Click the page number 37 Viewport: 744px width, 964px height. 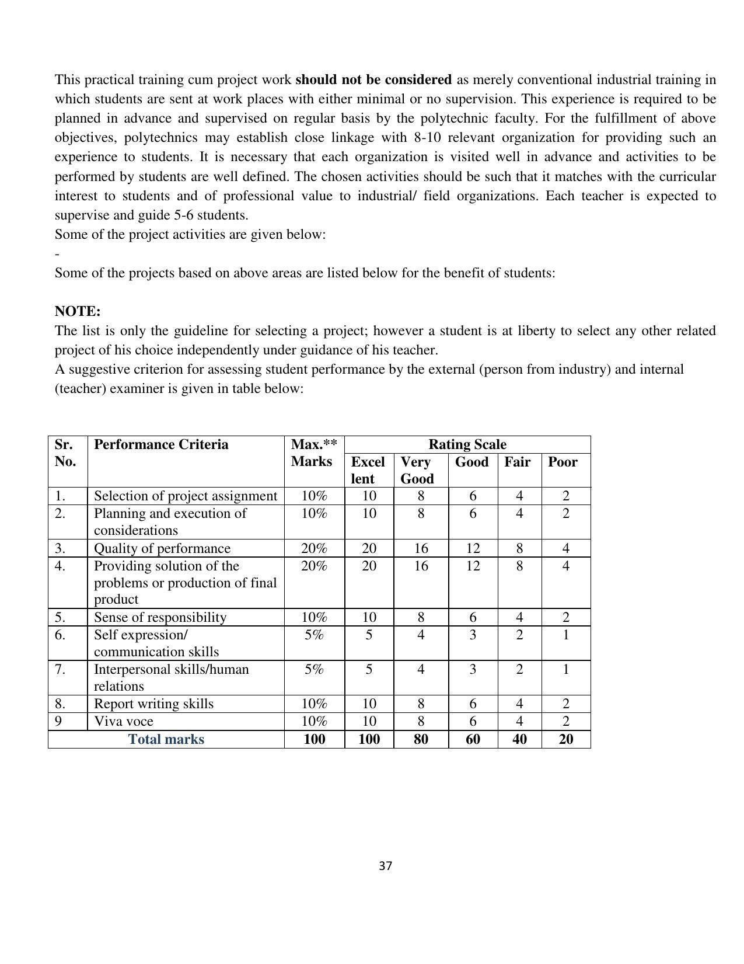(x=385, y=866)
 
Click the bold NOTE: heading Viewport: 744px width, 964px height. (x=78, y=311)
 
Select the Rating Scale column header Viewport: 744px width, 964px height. (x=467, y=444)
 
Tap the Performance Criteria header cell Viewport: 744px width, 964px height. (x=161, y=444)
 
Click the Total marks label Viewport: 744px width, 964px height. (x=166, y=739)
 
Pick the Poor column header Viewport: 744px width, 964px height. (x=563, y=462)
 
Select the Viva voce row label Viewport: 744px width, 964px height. (x=123, y=721)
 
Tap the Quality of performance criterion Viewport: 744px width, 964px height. (x=162, y=548)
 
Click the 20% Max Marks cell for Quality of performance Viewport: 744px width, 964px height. (x=314, y=548)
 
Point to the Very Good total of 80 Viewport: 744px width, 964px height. (x=420, y=739)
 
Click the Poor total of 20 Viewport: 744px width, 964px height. (x=565, y=739)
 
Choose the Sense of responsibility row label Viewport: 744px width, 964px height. (x=160, y=617)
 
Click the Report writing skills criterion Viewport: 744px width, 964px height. (x=153, y=704)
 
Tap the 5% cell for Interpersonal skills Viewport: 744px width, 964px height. (x=314, y=669)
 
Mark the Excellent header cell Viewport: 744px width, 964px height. (x=368, y=470)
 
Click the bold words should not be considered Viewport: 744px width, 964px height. (x=373, y=79)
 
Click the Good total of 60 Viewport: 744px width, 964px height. (x=473, y=739)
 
